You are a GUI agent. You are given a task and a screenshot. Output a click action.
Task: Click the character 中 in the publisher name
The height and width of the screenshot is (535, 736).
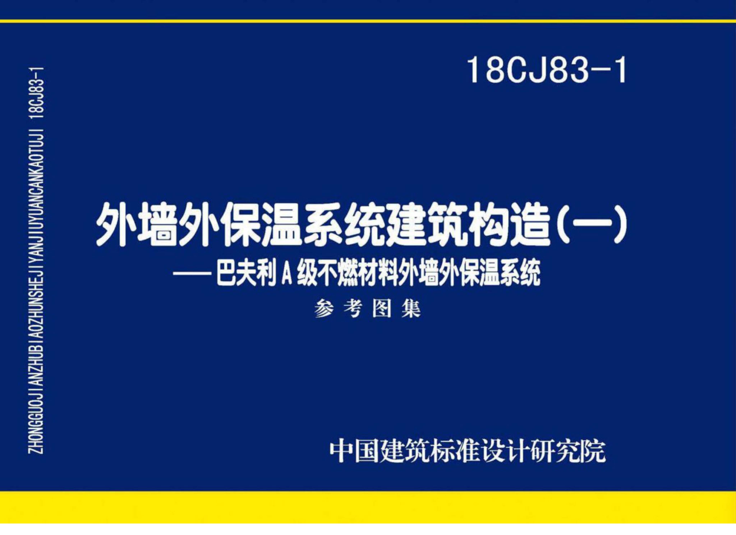click(342, 451)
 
